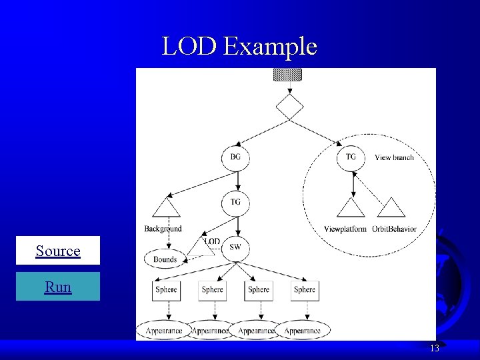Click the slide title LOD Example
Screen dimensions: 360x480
coord(239,46)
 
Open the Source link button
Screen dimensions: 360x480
coord(58,251)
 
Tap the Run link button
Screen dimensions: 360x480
coord(58,287)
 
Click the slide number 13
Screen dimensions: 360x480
coord(434,349)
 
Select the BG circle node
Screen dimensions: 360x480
coord(235,157)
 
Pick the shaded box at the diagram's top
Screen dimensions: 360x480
coord(287,74)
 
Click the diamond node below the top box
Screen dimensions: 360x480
coord(289,107)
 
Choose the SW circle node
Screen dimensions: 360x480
coord(235,247)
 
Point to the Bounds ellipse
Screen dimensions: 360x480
coord(165,259)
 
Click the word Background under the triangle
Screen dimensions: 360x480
coord(163,229)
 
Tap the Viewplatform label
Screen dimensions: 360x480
coord(345,229)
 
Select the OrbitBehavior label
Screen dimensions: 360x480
coord(394,229)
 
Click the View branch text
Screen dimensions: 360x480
coord(394,157)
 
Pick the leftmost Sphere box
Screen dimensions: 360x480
coord(166,290)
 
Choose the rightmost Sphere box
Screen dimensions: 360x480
coord(305,290)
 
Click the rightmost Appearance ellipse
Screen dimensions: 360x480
coord(302,331)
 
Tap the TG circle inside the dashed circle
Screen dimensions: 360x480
coord(351,157)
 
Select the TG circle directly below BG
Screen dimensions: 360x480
coord(235,202)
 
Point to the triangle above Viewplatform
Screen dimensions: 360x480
coord(351,209)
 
